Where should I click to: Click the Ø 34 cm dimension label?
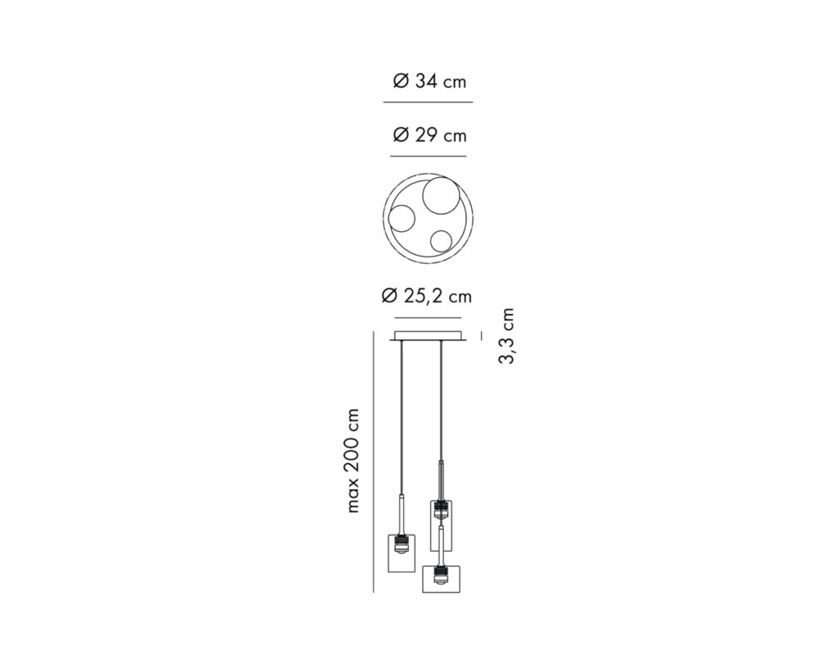point(429,81)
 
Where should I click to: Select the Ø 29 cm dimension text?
point(429,135)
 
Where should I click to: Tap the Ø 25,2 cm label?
point(426,296)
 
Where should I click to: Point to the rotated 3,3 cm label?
point(506,336)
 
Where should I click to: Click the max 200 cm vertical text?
point(352,461)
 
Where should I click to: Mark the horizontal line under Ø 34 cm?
point(428,102)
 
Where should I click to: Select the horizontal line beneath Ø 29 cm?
point(428,157)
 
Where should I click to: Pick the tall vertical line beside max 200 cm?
point(373,462)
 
